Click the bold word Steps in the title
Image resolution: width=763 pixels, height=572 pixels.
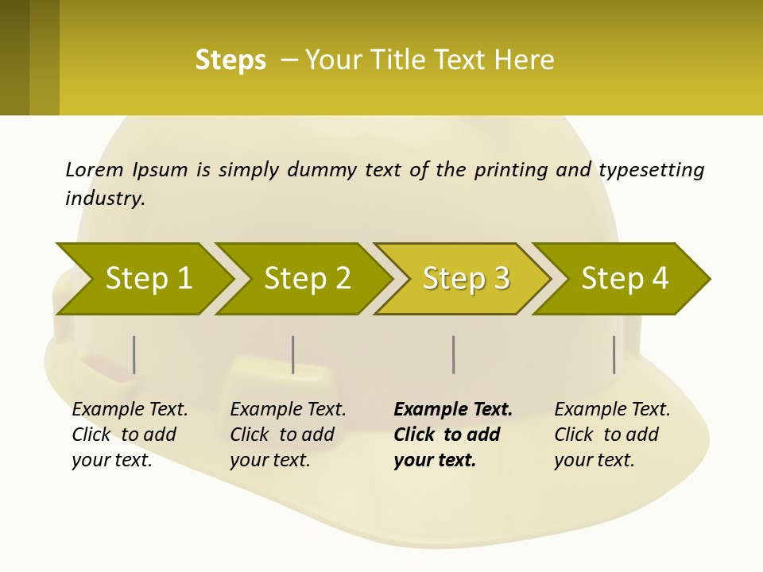(230, 60)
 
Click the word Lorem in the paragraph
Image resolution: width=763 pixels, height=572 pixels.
(95, 169)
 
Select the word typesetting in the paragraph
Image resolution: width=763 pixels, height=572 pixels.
(651, 170)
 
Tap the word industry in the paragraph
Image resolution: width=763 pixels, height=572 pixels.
(105, 199)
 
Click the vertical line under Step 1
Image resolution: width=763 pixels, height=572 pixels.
(134, 354)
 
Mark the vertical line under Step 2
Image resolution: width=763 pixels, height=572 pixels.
(293, 354)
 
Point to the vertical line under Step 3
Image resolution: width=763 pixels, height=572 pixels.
(453, 354)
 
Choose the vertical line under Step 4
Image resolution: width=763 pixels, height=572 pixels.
(614, 354)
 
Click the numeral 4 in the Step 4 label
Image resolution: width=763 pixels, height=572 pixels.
(660, 279)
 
